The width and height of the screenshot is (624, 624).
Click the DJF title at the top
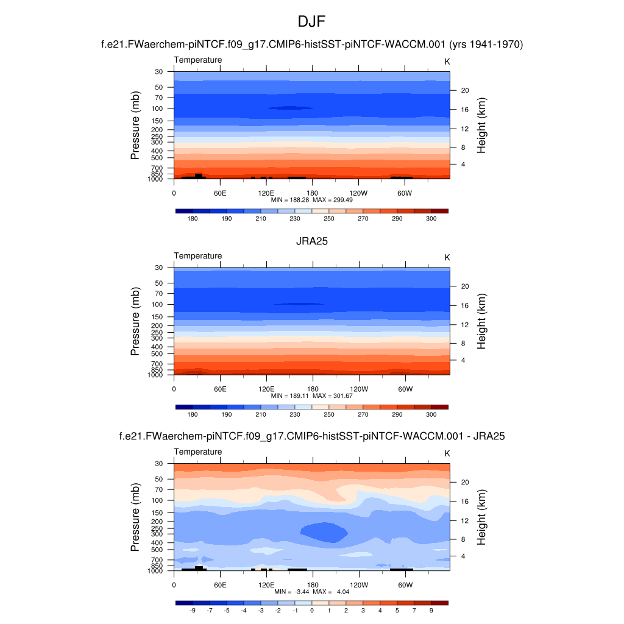pyautogui.click(x=312, y=23)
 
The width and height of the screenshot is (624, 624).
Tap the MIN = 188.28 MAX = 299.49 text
pyautogui.click(x=312, y=200)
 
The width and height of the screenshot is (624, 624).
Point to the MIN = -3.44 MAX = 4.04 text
pyautogui.click(x=312, y=592)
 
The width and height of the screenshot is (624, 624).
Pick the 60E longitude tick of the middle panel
pyautogui.click(x=220, y=389)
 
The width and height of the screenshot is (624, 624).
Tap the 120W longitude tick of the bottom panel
pyautogui.click(x=359, y=584)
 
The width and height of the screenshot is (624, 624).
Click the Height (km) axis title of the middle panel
pyautogui.click(x=481, y=321)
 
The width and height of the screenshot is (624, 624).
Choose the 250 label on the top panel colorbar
pyautogui.click(x=329, y=218)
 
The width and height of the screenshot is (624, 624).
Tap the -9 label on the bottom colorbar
pyautogui.click(x=193, y=610)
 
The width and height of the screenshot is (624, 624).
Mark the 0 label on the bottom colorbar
pyautogui.click(x=312, y=610)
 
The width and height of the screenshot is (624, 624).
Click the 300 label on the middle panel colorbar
pyautogui.click(x=431, y=414)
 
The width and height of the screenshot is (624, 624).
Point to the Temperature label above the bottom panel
pyautogui.click(x=198, y=452)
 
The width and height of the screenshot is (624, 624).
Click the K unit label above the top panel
pyautogui.click(x=447, y=62)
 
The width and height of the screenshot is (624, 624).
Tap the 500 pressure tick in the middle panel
pyautogui.click(x=158, y=353)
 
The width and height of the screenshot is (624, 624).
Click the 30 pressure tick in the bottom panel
pyautogui.click(x=160, y=463)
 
